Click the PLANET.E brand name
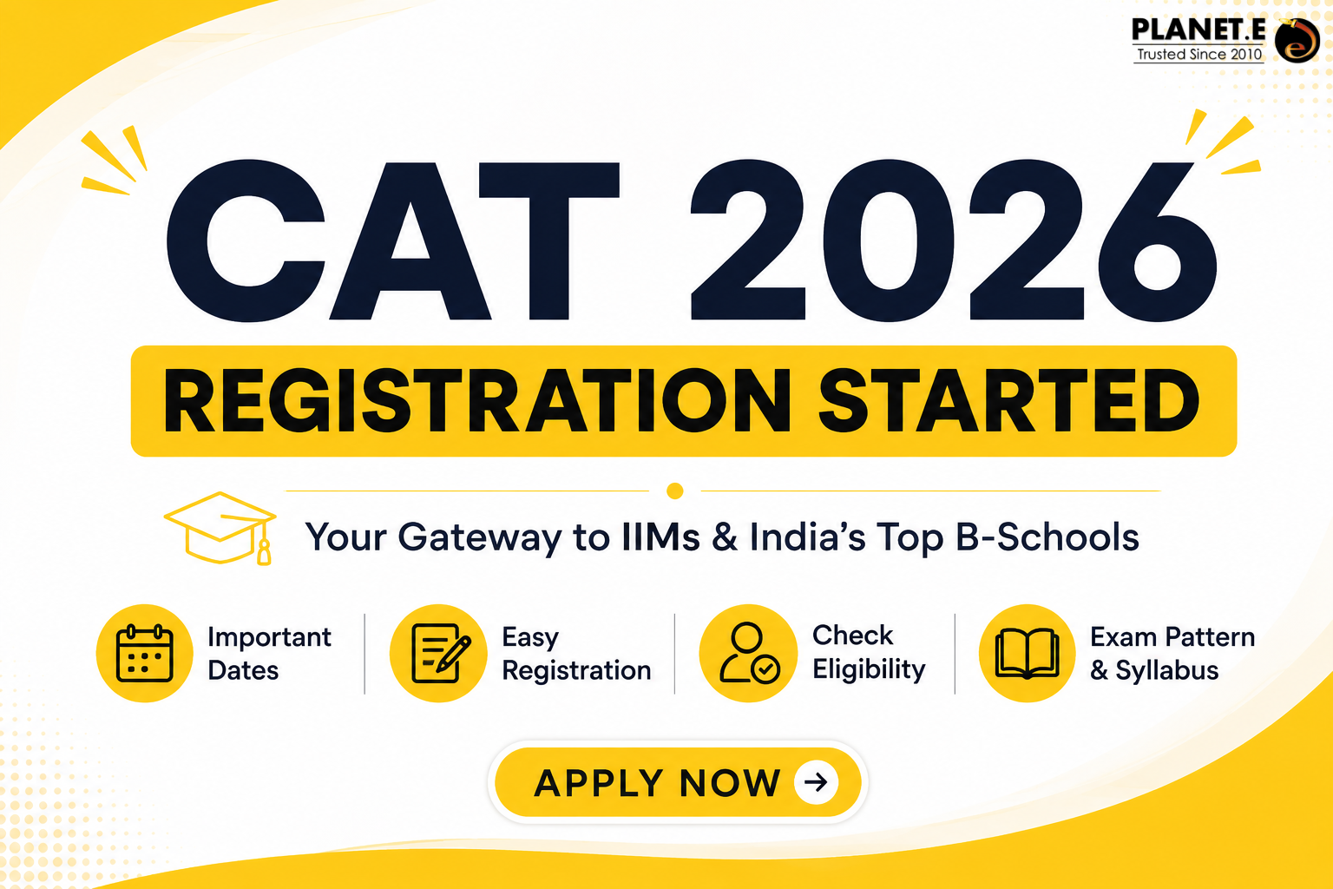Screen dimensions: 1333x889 click(x=1198, y=30)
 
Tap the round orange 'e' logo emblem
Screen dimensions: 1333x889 click(x=1297, y=41)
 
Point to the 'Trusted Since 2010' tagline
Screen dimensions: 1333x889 click(x=1199, y=54)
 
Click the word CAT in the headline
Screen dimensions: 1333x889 click(x=393, y=240)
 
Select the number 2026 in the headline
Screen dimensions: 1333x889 click(x=954, y=240)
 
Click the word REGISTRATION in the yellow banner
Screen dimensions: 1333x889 click(x=477, y=400)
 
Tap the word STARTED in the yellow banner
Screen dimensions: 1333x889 click(x=1009, y=400)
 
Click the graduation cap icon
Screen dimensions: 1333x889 click(x=220, y=528)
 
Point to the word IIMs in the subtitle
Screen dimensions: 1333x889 click(x=660, y=537)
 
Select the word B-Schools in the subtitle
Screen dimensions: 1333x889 click(x=1047, y=537)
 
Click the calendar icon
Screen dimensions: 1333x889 click(x=145, y=653)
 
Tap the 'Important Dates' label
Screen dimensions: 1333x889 click(x=269, y=653)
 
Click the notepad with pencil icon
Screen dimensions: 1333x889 click(x=440, y=653)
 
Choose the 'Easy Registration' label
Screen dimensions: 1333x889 click(x=576, y=653)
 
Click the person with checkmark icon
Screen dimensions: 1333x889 click(x=749, y=653)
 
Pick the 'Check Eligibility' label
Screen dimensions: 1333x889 click(x=869, y=652)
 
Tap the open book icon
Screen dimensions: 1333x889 click(x=1028, y=654)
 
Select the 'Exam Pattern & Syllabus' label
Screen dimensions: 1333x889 click(x=1172, y=653)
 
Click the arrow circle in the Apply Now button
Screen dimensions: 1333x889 click(x=816, y=782)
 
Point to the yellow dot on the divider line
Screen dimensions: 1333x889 click(x=675, y=491)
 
